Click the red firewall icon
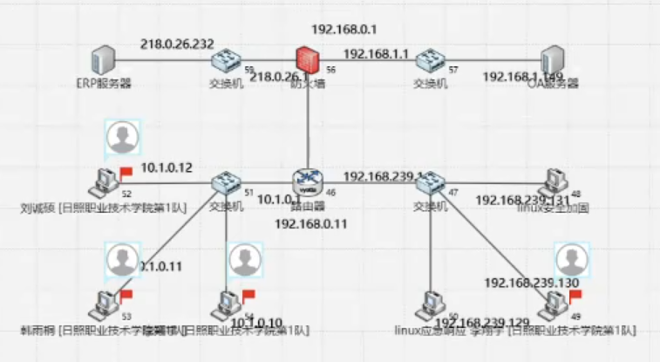point(305,60)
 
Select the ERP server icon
point(102,62)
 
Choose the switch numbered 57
point(429,61)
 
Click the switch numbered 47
point(429,183)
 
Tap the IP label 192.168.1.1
point(376,54)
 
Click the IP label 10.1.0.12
point(167,167)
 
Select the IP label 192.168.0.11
point(311,224)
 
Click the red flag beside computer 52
point(126,172)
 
